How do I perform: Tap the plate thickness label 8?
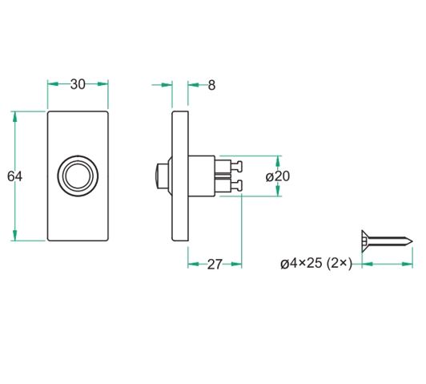click(x=211, y=85)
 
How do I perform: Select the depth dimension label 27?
click(x=214, y=265)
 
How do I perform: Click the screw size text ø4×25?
click(x=301, y=263)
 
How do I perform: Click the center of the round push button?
click(x=78, y=176)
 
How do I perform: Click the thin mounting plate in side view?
click(x=180, y=176)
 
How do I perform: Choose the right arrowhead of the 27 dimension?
click(x=239, y=264)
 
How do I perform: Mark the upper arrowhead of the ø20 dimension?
click(x=277, y=158)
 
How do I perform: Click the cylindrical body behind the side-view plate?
click(x=202, y=176)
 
